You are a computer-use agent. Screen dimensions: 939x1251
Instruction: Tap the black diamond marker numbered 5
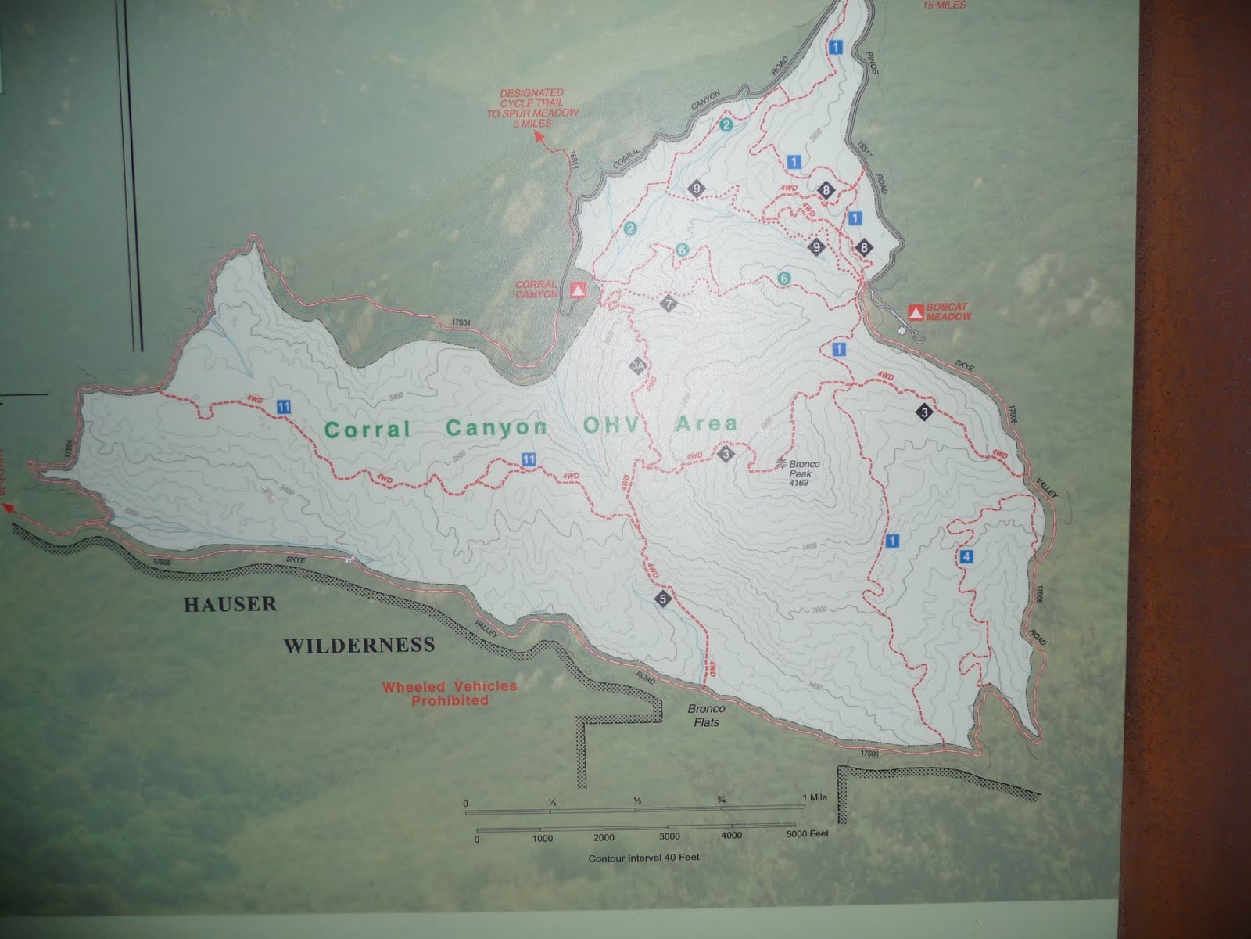[664, 600]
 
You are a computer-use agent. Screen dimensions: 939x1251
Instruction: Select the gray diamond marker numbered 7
[668, 304]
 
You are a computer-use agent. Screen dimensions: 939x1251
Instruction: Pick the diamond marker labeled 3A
[638, 365]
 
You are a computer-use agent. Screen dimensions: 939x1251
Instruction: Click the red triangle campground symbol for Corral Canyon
[578, 290]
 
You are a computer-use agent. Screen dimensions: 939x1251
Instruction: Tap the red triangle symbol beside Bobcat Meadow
[914, 313]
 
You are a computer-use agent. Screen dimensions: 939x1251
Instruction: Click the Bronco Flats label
[706, 715]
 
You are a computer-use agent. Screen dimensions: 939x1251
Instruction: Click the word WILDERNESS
[359, 646]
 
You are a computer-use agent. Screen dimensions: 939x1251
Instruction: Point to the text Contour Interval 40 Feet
[644, 858]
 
